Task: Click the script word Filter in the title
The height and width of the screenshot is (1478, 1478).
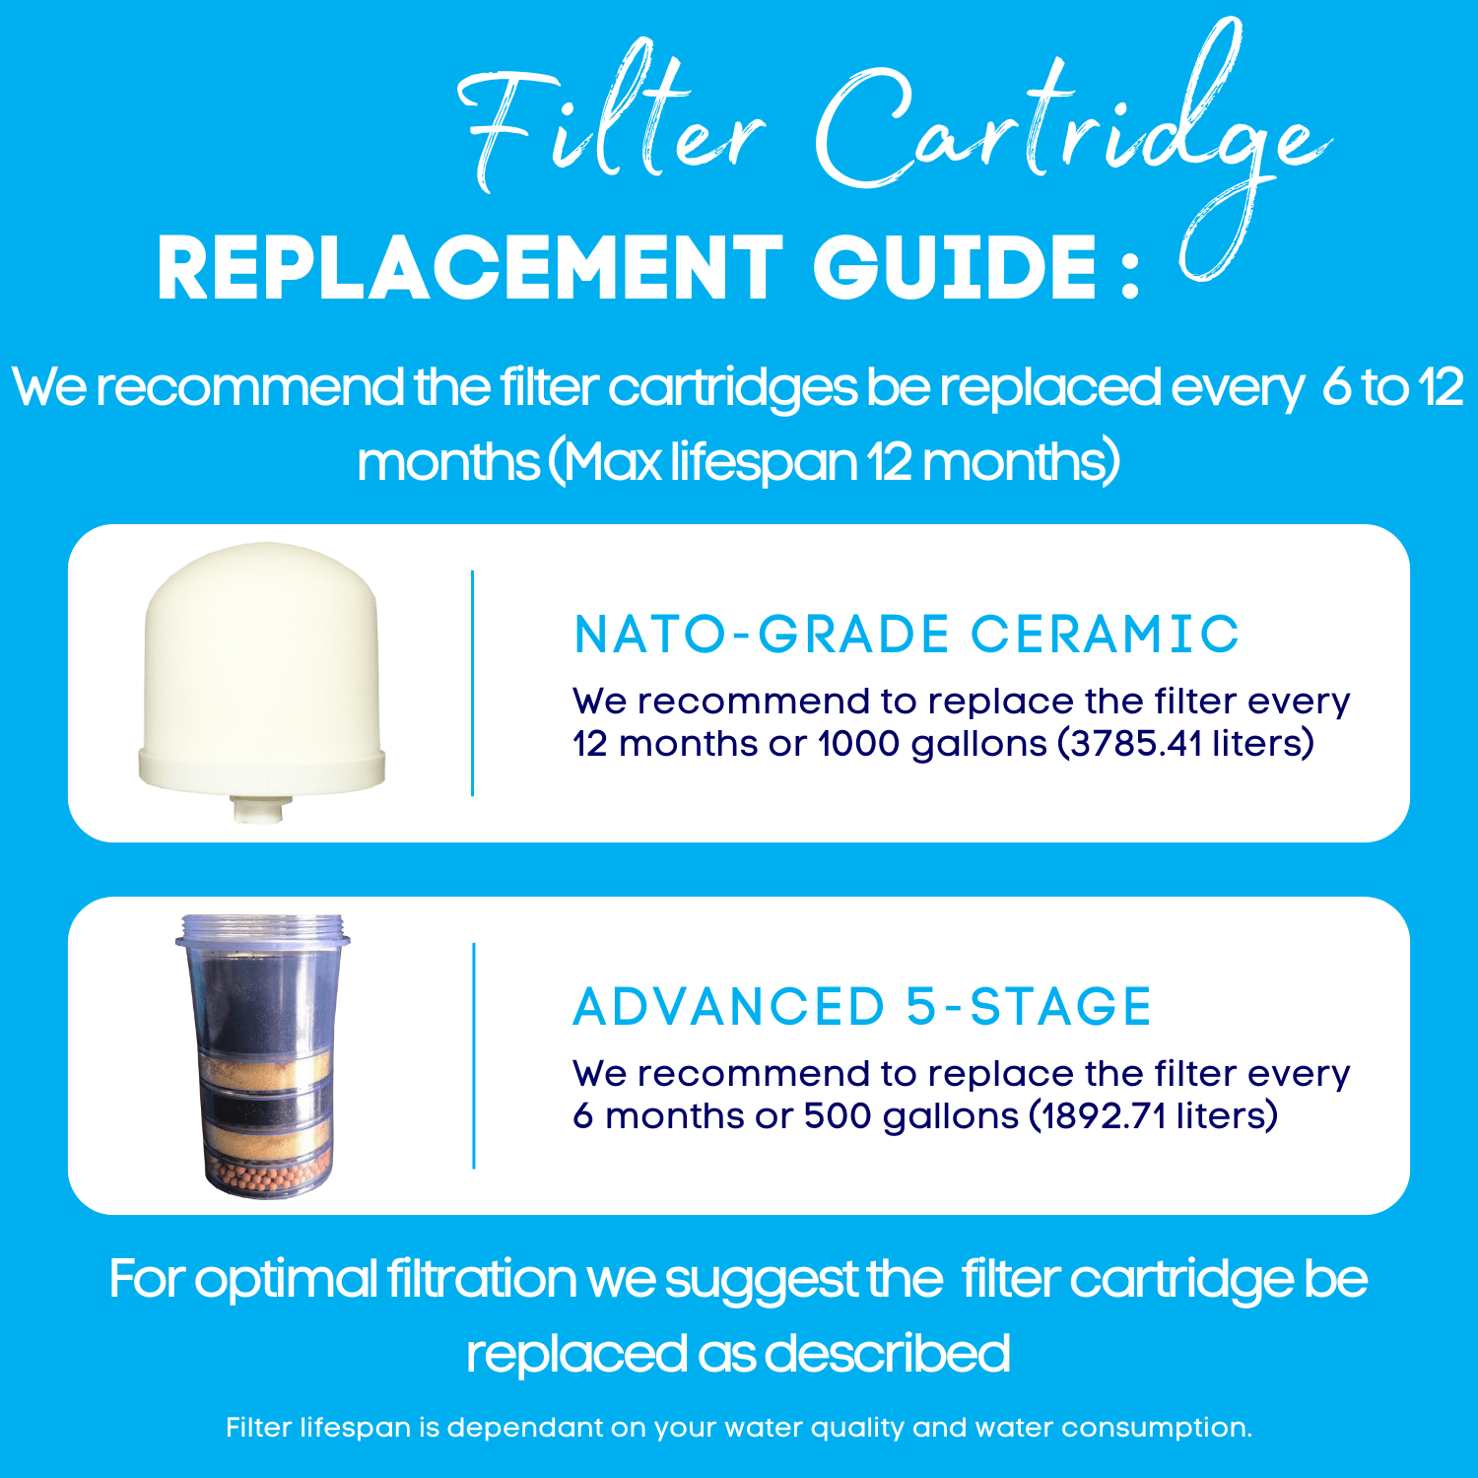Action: (x=611, y=123)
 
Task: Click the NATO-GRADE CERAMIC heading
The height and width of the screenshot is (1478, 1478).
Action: (x=906, y=634)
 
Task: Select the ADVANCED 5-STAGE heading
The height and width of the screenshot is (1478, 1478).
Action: (x=862, y=1006)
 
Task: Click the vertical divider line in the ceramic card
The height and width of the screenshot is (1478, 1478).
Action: (x=473, y=683)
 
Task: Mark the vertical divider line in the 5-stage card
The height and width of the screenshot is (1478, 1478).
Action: (x=474, y=1055)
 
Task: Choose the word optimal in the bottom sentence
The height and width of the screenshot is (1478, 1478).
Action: (x=286, y=1279)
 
